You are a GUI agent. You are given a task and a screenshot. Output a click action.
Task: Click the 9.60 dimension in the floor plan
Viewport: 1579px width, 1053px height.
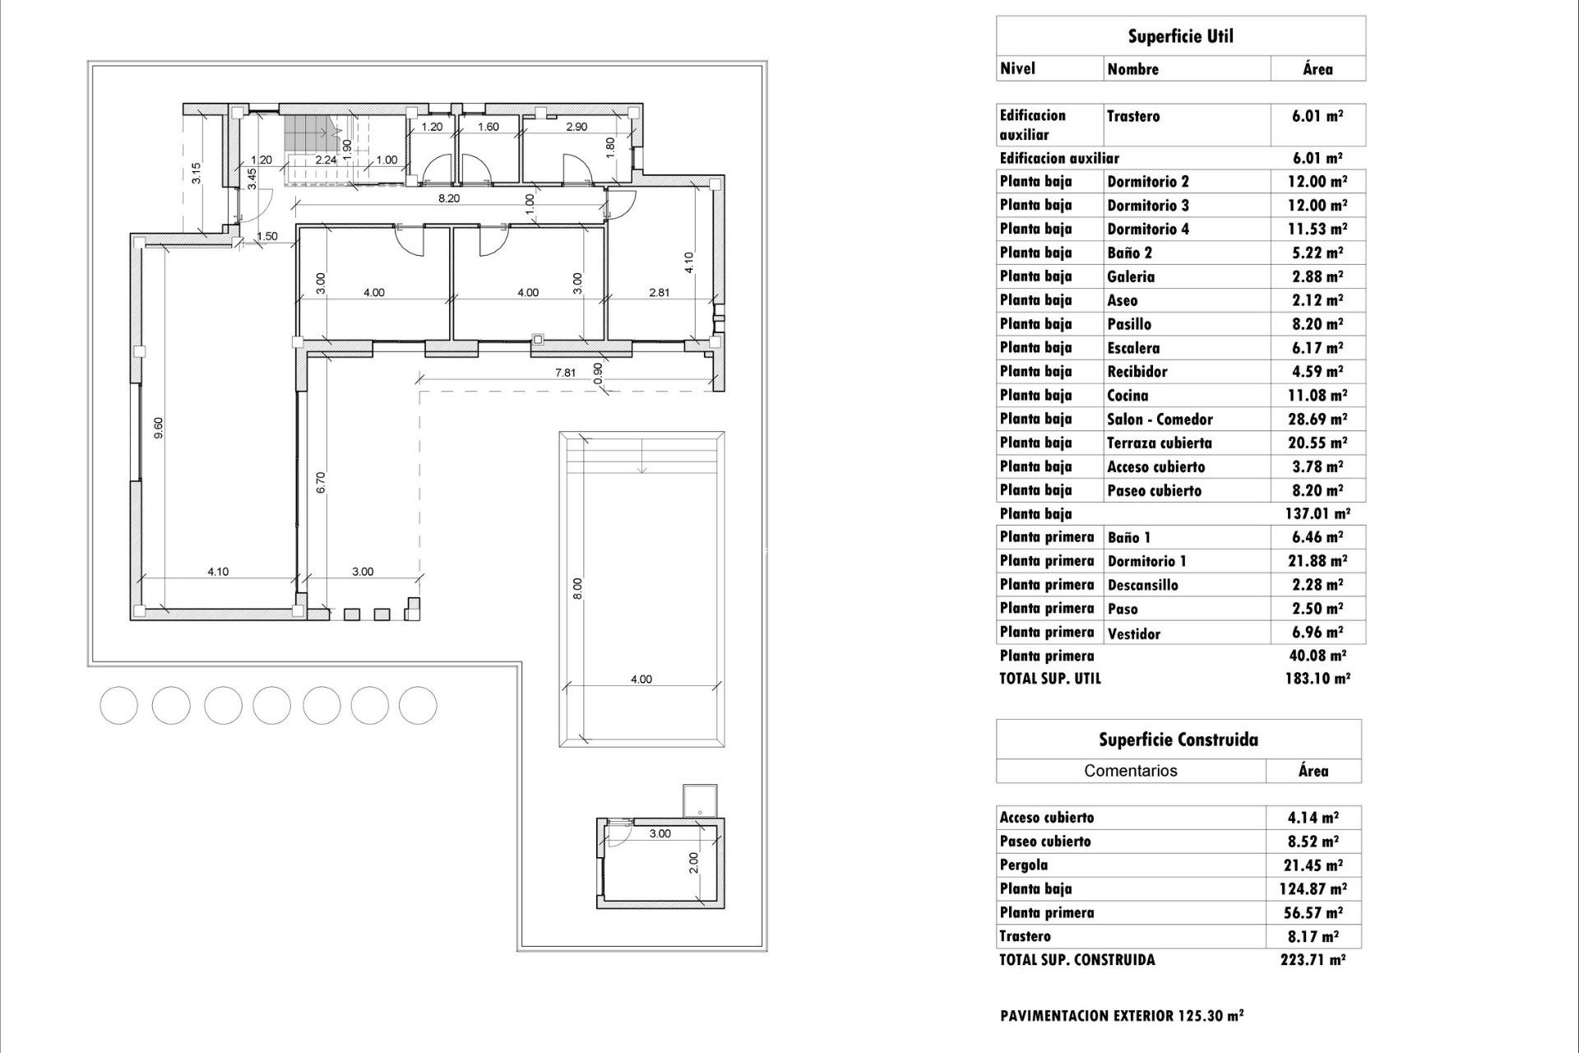pyautogui.click(x=159, y=428)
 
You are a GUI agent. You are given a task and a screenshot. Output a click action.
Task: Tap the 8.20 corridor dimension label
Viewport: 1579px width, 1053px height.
pyautogui.click(x=448, y=198)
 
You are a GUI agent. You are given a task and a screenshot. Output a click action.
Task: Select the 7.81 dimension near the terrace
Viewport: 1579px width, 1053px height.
pyautogui.click(x=565, y=373)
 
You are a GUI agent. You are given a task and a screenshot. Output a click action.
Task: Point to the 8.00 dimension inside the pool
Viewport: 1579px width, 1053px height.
pyautogui.click(x=577, y=588)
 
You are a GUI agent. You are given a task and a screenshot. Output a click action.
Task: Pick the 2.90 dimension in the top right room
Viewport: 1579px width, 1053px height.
pyautogui.click(x=576, y=127)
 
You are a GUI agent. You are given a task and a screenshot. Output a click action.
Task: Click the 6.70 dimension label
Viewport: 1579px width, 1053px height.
pyautogui.click(x=322, y=482)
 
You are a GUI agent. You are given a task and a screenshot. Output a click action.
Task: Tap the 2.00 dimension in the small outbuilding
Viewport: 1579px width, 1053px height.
pyautogui.click(x=693, y=862)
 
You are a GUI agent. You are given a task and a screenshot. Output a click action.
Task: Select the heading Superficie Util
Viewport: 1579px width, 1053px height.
pyautogui.click(x=1180, y=36)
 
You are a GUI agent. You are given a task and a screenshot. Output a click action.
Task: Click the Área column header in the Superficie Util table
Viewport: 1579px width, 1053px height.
pyautogui.click(x=1317, y=69)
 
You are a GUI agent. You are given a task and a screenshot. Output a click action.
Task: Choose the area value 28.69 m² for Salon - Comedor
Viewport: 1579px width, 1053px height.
pyautogui.click(x=1317, y=420)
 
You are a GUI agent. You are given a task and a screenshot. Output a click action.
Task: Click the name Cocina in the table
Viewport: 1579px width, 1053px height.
pyautogui.click(x=1128, y=396)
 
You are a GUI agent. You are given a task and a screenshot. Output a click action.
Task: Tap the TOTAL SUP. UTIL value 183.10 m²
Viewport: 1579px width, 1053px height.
pyautogui.click(x=1317, y=679)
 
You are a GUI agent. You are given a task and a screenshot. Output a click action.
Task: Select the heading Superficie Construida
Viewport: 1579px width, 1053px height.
pyautogui.click(x=1178, y=740)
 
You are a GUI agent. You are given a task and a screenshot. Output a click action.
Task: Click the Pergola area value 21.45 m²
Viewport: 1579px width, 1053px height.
pyautogui.click(x=1313, y=865)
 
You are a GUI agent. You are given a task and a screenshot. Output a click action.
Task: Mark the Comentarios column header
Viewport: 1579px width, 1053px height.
pyautogui.click(x=1130, y=771)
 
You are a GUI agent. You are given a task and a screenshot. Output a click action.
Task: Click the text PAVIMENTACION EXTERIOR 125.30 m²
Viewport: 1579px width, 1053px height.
pyautogui.click(x=1122, y=1016)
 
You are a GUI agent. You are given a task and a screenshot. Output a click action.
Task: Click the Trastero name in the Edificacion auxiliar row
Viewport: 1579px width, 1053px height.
pyautogui.click(x=1133, y=116)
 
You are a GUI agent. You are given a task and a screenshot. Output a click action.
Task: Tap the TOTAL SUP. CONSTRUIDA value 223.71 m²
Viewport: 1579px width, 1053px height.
pyautogui.click(x=1313, y=960)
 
